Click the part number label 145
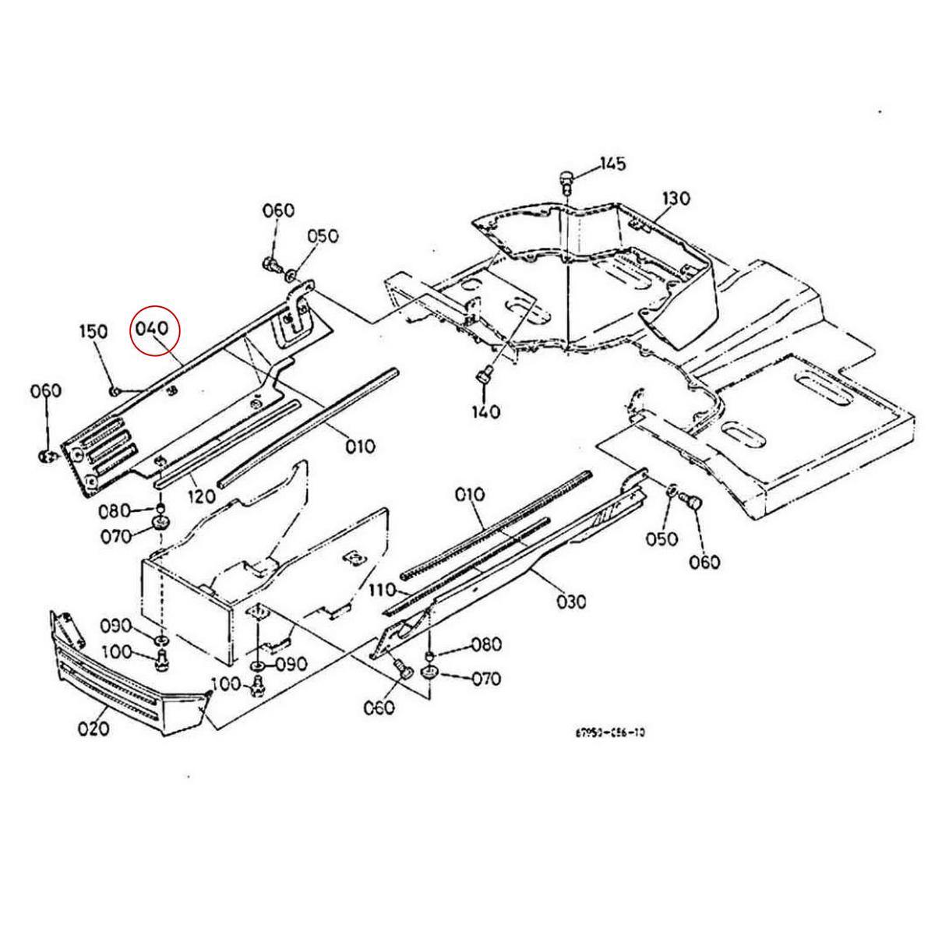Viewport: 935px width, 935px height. click(x=612, y=164)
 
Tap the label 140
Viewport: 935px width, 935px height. click(x=485, y=411)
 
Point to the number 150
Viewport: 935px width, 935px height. click(x=93, y=331)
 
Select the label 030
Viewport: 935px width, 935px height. click(x=572, y=601)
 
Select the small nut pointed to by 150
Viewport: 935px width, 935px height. click(x=115, y=390)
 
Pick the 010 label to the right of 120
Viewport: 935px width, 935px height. click(x=361, y=446)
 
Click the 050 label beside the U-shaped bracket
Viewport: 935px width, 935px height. click(x=323, y=236)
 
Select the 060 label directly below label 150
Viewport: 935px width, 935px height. click(x=45, y=390)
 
